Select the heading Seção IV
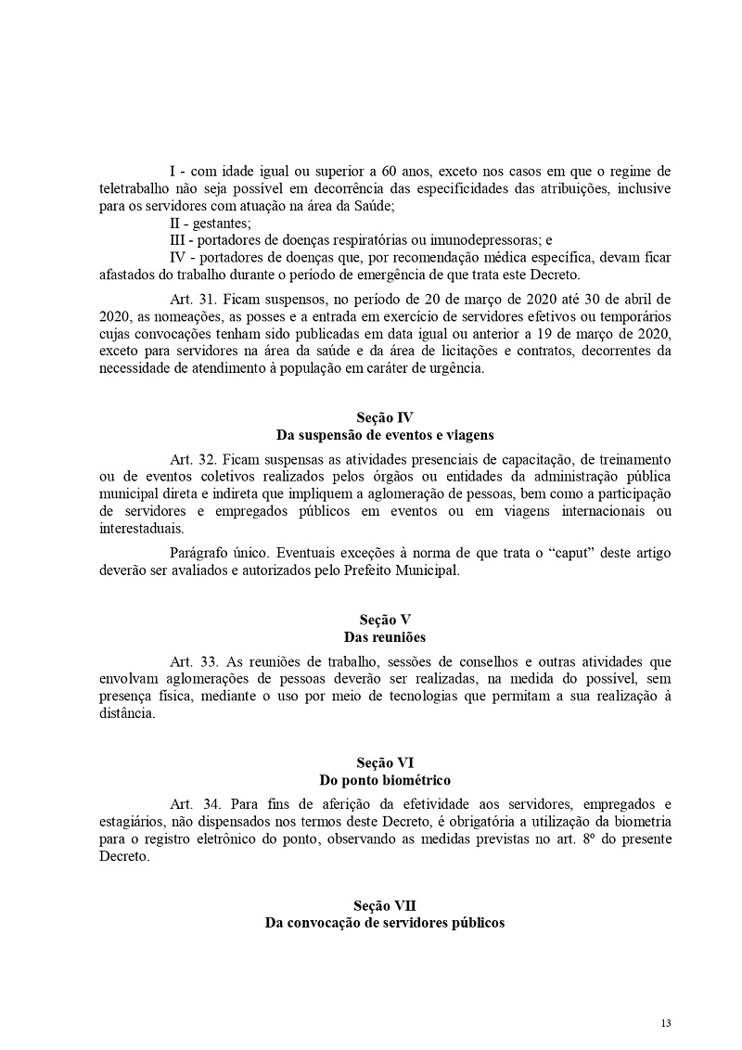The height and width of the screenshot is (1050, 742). click(384, 417)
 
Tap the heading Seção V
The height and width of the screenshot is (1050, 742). click(384, 619)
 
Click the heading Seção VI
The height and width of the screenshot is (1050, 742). click(384, 762)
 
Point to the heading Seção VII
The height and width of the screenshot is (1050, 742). click(384, 905)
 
